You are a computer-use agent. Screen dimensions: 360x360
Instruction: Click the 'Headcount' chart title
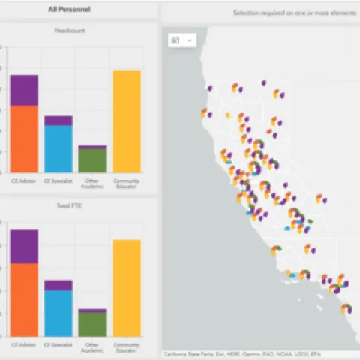tap(70, 31)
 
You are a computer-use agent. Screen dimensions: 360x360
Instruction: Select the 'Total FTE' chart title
tap(70, 205)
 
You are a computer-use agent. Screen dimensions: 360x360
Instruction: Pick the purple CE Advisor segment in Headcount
tap(24, 90)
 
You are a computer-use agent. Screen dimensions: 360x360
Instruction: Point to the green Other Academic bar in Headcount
tap(92, 160)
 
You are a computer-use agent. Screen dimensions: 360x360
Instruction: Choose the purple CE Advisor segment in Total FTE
tap(24, 246)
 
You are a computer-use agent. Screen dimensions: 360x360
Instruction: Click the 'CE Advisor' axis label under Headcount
tap(24, 181)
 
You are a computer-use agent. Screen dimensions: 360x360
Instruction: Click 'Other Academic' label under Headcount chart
tap(92, 183)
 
